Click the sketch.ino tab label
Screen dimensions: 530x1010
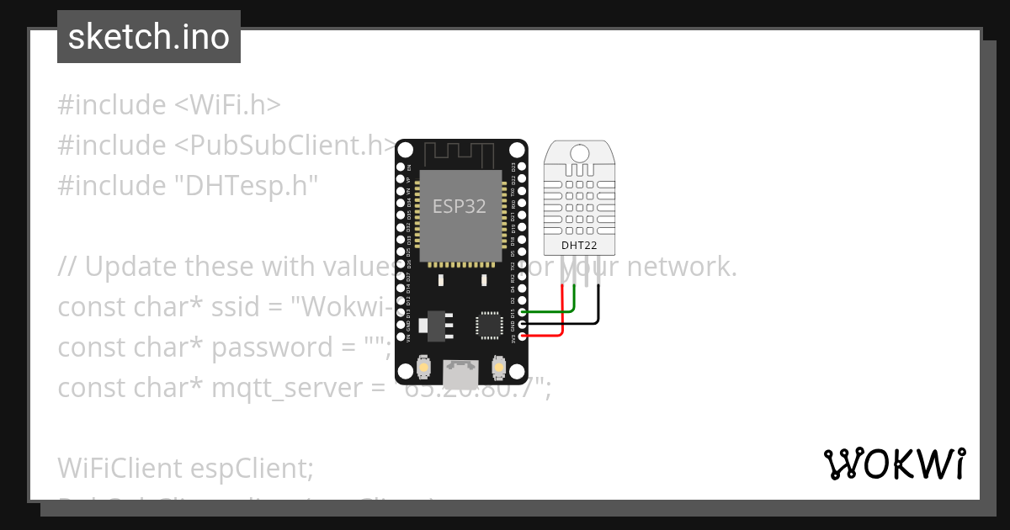click(148, 37)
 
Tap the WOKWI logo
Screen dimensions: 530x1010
click(894, 464)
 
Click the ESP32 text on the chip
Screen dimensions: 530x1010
click(459, 206)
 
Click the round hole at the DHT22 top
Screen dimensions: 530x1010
click(579, 153)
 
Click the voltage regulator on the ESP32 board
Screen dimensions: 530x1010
click(437, 324)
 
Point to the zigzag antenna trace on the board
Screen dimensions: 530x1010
click(460, 155)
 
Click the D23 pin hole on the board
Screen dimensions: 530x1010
click(523, 167)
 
